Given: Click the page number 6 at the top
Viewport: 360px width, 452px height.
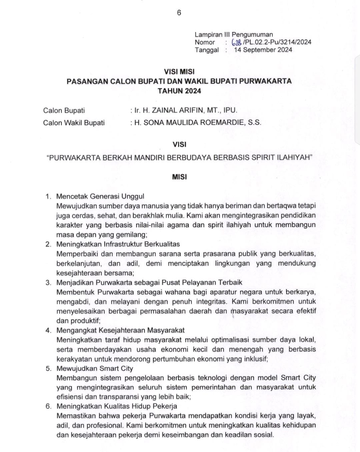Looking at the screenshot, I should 179,13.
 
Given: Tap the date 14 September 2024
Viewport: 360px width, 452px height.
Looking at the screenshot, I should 263,50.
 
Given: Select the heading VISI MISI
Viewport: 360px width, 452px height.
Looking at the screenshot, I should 179,72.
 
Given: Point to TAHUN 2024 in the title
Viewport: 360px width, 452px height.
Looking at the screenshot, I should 179,91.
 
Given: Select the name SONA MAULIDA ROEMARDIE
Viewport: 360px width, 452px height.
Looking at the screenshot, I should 194,122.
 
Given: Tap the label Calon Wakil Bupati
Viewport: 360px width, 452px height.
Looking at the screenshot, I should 74,123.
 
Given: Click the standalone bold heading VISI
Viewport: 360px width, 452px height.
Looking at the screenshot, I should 179,144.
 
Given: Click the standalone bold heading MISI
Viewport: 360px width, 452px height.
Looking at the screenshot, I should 179,177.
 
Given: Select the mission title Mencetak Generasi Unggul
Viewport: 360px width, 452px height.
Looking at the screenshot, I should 100,196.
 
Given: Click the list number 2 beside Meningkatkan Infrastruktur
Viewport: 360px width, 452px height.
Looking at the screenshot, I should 48,244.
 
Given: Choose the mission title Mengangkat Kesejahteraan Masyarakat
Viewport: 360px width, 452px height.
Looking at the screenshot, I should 120,330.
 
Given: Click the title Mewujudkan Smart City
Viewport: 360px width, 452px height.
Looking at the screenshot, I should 95,369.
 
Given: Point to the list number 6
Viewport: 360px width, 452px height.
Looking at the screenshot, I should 48,406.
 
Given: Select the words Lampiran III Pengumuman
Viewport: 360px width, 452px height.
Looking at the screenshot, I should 234,34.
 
